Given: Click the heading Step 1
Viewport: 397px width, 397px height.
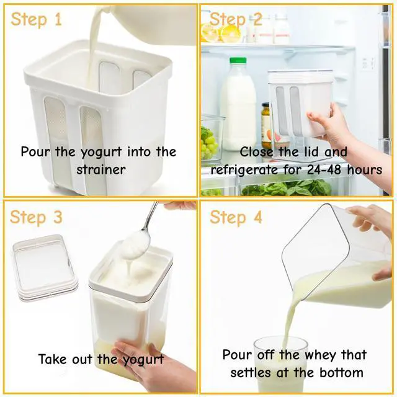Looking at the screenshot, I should tap(37, 19).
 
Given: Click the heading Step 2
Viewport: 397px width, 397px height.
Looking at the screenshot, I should tap(236, 19).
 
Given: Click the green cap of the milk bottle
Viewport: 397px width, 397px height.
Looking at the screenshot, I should tap(238, 61).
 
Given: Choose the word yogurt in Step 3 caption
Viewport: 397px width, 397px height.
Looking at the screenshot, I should tap(142, 359).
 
